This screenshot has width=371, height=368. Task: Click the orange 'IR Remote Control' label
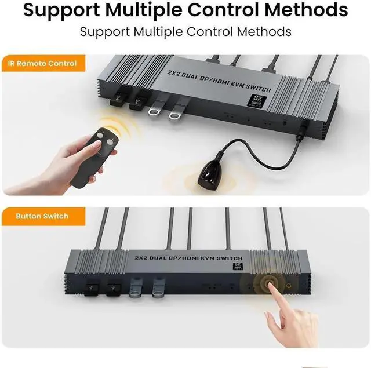coord(42,63)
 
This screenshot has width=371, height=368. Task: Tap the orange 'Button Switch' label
coord(42,216)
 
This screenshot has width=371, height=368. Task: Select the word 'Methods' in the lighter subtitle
coord(261,31)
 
